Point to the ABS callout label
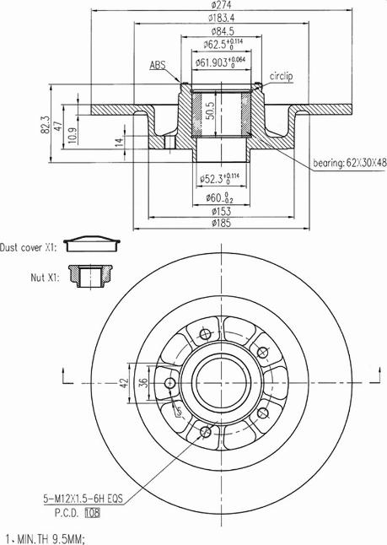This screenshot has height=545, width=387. [x=158, y=64]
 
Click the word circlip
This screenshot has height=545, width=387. [x=281, y=76]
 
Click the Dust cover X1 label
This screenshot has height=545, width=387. [x=28, y=247]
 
